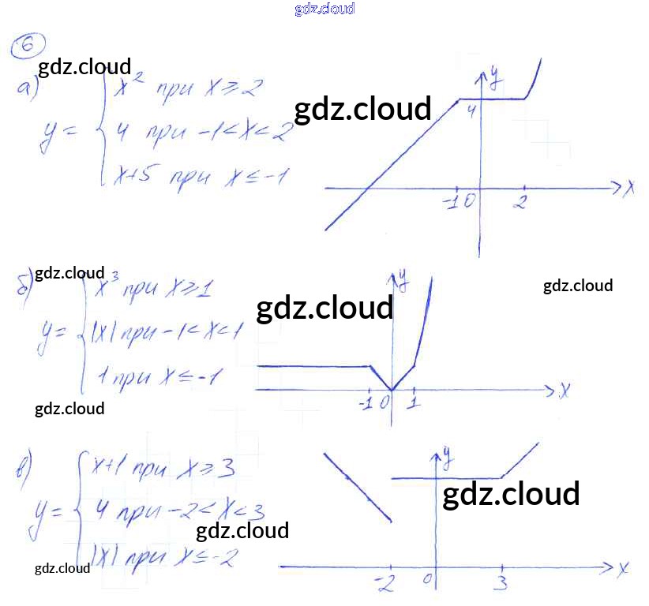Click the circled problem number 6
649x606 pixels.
(28, 48)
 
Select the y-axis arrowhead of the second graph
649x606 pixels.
(392, 277)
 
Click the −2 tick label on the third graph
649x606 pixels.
(386, 585)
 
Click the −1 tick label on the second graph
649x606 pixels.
(366, 403)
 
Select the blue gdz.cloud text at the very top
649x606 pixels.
(324, 9)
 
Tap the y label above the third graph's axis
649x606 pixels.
(447, 454)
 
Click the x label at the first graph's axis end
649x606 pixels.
(630, 189)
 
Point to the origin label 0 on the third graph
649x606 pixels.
(427, 580)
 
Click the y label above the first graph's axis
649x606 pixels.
(494, 77)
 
